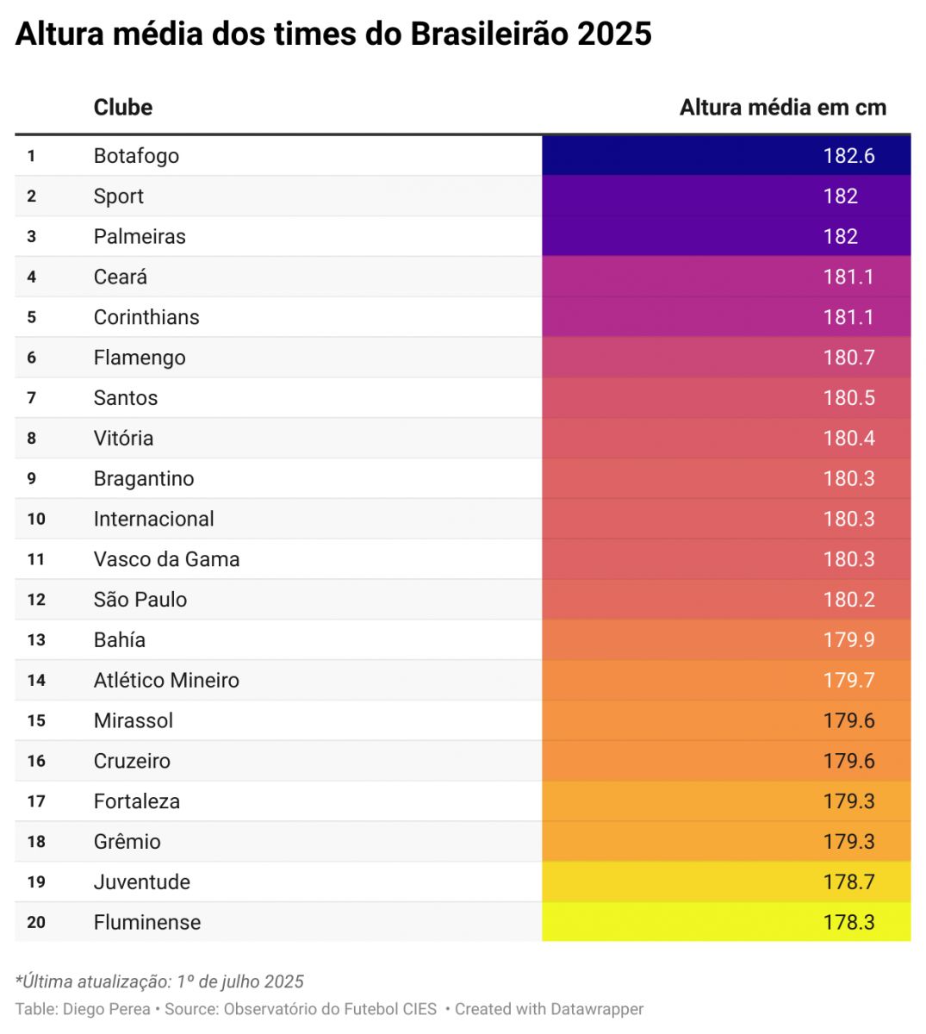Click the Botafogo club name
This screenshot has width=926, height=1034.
136,156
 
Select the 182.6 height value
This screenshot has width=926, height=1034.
848,156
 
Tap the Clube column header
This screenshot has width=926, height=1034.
122,108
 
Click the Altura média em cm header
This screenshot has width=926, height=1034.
782,108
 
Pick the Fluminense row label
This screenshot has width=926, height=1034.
146,923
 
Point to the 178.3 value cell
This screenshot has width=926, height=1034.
848,923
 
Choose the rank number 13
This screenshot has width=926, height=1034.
36,640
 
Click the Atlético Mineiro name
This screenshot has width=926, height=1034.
166,681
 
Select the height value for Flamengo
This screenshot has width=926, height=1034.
848,358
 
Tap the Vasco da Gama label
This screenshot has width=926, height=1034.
166,560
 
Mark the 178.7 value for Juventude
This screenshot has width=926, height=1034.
848,882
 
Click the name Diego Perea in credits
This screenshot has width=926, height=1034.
107,1009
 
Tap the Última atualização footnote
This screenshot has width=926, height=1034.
159,981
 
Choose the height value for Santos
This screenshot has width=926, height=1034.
848,398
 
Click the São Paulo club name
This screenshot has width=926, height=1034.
140,600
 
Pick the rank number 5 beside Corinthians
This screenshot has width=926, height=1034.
32,317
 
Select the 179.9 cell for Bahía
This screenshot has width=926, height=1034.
848,640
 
